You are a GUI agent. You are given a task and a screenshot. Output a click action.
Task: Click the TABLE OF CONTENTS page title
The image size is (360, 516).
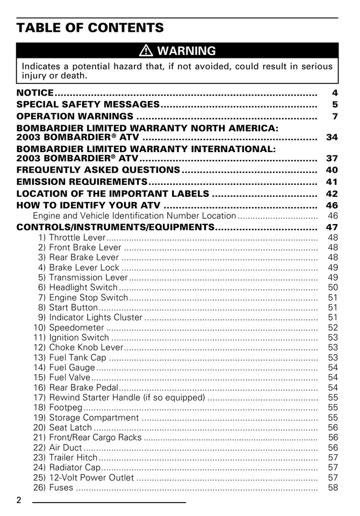(90, 27)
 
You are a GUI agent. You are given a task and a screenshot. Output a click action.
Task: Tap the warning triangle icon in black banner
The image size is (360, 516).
(146, 51)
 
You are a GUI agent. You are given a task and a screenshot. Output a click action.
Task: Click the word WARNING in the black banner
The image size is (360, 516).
(186, 51)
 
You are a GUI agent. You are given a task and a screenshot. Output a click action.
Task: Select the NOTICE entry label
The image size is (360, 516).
(35, 93)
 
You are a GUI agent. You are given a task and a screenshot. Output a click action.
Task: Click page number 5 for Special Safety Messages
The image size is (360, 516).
(334, 105)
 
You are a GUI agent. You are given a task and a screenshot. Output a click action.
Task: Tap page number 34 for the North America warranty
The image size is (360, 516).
(332, 138)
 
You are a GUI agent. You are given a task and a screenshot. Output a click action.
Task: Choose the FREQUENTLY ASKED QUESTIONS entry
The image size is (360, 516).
(98, 170)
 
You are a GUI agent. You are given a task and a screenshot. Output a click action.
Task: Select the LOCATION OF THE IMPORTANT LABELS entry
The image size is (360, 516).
(113, 193)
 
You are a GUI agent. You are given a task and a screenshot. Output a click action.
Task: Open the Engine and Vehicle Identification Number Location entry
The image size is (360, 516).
(134, 216)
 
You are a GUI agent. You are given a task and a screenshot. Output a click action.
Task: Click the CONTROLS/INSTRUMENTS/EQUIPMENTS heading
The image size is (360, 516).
(116, 227)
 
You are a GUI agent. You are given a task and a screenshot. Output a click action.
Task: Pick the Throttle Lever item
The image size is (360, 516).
(77, 238)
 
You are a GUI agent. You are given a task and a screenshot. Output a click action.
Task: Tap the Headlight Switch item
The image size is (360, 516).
(83, 288)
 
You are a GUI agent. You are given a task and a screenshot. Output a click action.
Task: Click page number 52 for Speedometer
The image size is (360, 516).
(332, 327)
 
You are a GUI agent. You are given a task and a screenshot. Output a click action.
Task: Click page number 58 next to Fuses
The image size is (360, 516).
(332, 488)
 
